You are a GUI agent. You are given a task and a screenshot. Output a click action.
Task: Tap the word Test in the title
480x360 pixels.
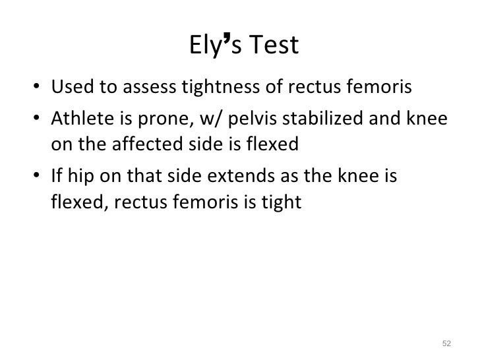click(272, 45)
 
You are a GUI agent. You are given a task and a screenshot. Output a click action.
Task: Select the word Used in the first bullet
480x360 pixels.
click(70, 87)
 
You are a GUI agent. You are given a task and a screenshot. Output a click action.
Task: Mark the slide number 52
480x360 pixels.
click(446, 344)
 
